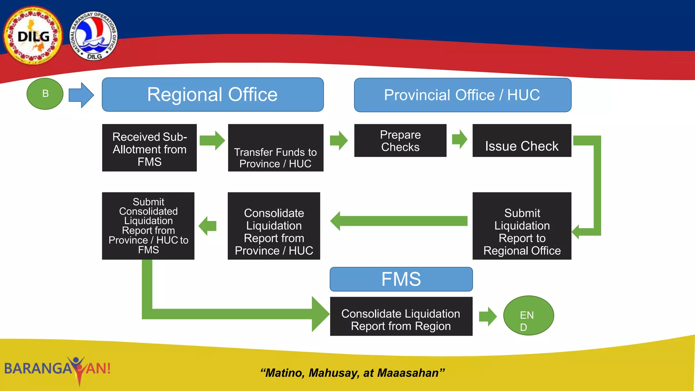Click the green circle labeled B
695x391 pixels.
coord(45,94)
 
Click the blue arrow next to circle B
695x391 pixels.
coord(81,95)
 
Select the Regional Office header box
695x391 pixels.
coord(212,94)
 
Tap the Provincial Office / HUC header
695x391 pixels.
coord(462,95)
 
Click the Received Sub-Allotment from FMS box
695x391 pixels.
coord(149,148)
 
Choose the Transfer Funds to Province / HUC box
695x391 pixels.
coord(276,148)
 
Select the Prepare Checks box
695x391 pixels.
coord(400,141)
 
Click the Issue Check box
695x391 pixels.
coord(522,141)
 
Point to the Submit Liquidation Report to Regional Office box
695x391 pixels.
coord(522,226)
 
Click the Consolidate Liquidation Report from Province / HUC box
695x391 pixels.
coord(274,226)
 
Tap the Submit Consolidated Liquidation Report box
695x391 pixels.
coord(148,226)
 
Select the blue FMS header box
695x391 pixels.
coord(401,279)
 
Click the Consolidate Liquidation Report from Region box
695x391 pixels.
coord(401,316)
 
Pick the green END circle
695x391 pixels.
coord(528,316)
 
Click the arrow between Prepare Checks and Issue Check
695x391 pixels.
coord(460,139)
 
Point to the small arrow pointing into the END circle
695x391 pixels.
coord(488,316)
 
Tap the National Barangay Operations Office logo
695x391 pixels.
coord(94,36)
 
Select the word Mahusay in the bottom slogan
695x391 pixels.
coord(334,373)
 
